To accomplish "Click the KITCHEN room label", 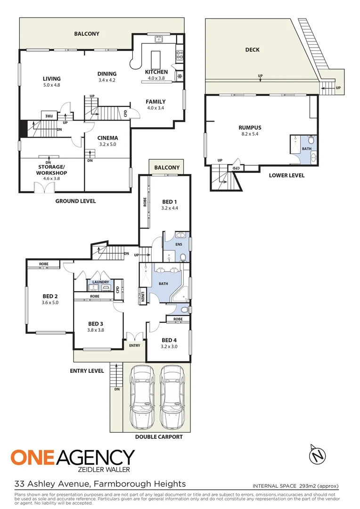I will (x=156, y=72).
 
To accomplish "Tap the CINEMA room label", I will (x=108, y=138).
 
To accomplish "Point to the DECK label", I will (x=253, y=50).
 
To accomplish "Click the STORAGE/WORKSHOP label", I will (x=52, y=170).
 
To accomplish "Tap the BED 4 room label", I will (x=169, y=340).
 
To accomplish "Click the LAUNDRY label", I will (x=100, y=282).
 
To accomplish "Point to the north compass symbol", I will (x=318, y=455).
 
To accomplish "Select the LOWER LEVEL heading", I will (x=286, y=175).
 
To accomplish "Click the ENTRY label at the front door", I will (x=134, y=345).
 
